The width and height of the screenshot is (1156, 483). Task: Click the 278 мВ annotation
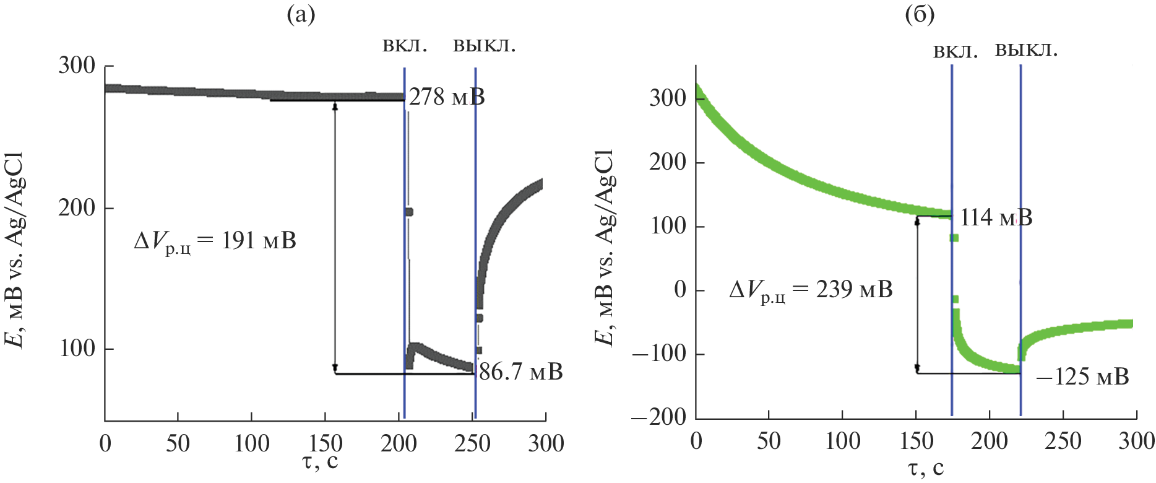click(x=447, y=97)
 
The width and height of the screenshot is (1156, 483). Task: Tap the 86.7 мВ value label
click(x=520, y=372)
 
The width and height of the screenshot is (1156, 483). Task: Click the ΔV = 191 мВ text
click(x=215, y=241)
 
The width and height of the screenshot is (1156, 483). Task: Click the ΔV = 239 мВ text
click(x=811, y=290)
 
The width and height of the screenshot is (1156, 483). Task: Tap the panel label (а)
click(x=301, y=14)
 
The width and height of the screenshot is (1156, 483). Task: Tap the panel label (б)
click(x=920, y=14)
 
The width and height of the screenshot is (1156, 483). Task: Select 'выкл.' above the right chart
click(x=1026, y=50)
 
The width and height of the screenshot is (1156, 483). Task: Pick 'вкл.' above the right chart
click(x=955, y=51)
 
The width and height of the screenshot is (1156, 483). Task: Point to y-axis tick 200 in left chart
click(x=77, y=208)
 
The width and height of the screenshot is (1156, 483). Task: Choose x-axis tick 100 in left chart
click(x=252, y=443)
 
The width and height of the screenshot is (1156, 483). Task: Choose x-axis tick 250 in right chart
click(x=1063, y=441)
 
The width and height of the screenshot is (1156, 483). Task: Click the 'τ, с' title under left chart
click(x=321, y=461)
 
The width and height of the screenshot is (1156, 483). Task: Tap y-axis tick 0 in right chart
click(x=680, y=290)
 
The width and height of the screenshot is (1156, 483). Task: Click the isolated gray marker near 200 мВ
click(x=408, y=212)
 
